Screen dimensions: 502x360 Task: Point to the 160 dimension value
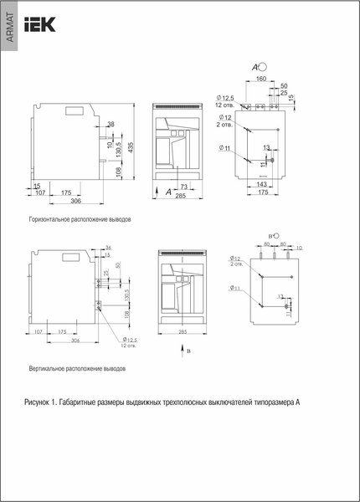(260, 79)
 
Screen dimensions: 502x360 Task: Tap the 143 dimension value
(261, 183)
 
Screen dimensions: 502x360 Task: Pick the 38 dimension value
(111, 125)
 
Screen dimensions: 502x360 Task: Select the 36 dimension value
(108, 248)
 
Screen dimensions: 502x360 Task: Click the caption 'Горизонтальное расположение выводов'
(80, 218)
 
